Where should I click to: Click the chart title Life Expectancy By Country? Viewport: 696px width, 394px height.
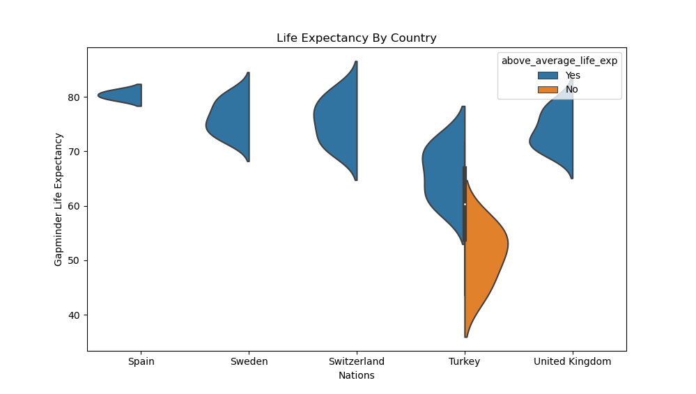tap(356, 38)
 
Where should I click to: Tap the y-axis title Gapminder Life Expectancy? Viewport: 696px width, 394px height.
tap(59, 199)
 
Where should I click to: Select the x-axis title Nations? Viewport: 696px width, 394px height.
tap(356, 376)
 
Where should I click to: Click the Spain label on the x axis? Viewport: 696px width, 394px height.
tap(141, 362)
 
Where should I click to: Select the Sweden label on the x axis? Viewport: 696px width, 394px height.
tap(249, 362)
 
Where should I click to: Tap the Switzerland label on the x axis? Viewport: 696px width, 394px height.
tap(356, 362)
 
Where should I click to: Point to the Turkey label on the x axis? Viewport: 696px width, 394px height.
tap(464, 362)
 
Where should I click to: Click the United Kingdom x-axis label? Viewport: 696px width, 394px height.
tap(572, 362)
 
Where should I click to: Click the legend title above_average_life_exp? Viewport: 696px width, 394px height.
tap(559, 61)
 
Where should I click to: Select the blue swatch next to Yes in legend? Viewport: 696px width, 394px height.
tap(548, 75)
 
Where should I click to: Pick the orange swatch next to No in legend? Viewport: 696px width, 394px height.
tap(548, 89)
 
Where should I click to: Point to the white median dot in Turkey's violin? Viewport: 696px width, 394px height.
tap(465, 204)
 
